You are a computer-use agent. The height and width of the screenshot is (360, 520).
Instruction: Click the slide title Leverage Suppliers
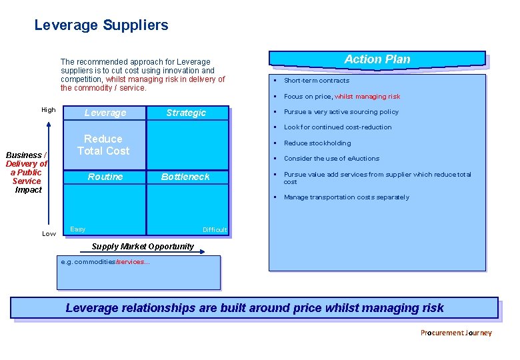[101, 25]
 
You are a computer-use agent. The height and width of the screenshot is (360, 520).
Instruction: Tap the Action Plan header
[377, 59]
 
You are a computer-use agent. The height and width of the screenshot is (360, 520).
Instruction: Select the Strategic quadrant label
[186, 113]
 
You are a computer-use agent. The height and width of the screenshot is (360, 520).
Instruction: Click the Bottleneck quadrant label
[185, 177]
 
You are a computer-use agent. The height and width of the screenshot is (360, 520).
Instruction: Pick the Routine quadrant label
[105, 177]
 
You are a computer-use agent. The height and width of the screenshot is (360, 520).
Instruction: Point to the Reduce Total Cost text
[103, 145]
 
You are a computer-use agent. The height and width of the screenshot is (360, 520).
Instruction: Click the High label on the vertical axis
[49, 110]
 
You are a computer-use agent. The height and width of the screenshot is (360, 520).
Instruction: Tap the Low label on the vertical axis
[49, 233]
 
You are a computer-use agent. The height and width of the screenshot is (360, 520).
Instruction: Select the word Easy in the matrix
[78, 229]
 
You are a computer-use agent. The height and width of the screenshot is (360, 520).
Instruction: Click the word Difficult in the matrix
[215, 230]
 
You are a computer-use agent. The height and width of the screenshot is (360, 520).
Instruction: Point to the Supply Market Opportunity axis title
[143, 246]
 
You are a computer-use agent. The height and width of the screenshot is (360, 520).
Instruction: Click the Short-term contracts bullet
[317, 81]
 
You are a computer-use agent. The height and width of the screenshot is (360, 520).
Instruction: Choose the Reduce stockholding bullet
[317, 143]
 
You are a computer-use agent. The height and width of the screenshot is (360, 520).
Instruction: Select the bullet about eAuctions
[331, 159]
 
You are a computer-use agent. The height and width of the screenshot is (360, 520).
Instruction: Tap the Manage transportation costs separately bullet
[347, 197]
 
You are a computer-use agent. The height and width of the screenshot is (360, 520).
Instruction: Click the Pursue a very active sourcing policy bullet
[341, 112]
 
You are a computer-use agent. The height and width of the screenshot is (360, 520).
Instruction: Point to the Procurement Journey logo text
[456, 333]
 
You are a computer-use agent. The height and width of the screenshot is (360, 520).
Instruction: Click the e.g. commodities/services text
[105, 262]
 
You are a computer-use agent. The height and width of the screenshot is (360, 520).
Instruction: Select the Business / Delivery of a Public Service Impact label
[27, 172]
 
